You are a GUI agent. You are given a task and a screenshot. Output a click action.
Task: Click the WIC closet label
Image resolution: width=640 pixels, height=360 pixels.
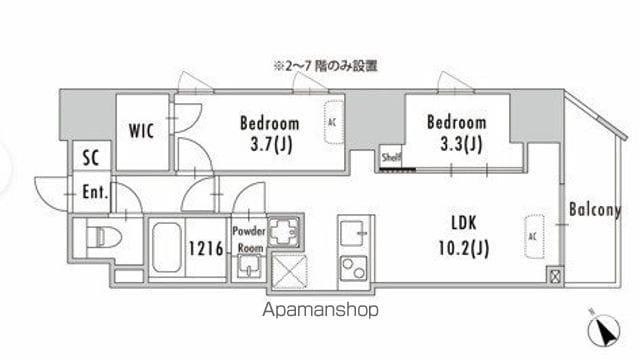[x=139, y=130]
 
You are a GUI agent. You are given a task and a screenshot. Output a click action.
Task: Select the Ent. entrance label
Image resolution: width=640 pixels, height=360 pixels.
[x=95, y=191]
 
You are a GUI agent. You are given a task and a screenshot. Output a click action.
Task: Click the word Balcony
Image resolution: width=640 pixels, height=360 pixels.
[x=595, y=210]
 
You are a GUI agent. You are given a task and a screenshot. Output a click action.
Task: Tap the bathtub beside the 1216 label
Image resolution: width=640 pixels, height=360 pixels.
[x=168, y=249]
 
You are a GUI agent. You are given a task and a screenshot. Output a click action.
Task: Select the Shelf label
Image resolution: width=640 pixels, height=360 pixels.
[x=390, y=156]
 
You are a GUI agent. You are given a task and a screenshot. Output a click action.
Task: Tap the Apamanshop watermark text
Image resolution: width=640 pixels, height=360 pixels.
[x=320, y=310]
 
